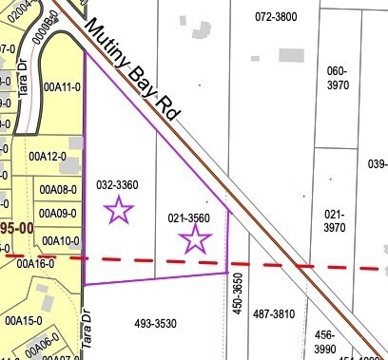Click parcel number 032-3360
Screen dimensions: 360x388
[118, 184]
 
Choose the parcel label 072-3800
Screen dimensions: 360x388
[276, 17]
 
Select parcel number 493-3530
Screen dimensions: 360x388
[156, 324]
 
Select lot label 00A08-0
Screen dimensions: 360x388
[58, 189]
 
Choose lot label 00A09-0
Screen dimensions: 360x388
[58, 214]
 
